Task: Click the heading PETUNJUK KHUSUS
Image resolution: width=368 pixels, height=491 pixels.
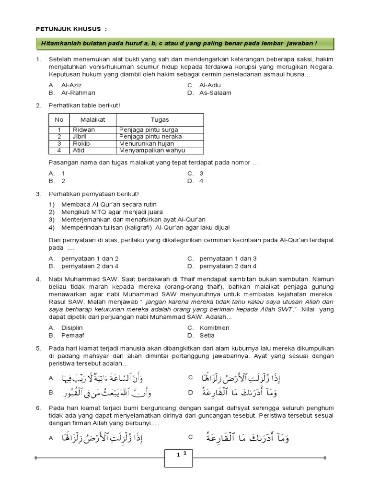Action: click(x=71, y=29)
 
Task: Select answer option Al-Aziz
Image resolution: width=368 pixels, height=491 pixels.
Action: click(x=73, y=85)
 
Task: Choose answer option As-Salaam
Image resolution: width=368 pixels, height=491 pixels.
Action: click(x=215, y=93)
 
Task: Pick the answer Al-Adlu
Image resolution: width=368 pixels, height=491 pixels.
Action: click(x=210, y=85)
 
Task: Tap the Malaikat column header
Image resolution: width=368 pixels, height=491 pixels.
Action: click(x=92, y=119)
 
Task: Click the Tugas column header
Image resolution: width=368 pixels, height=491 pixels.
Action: click(x=160, y=119)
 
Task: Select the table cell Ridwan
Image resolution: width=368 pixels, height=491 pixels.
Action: click(x=84, y=130)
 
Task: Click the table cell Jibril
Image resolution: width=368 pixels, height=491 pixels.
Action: click(x=80, y=137)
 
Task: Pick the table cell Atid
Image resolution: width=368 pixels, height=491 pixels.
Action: click(x=79, y=150)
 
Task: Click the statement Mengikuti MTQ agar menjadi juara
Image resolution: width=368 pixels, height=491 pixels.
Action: click(x=112, y=212)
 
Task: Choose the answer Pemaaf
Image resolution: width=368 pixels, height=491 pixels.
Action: click(x=71, y=336)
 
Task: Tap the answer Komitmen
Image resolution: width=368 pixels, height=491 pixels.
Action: click(x=214, y=328)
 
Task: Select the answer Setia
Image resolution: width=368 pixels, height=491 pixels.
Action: click(x=207, y=336)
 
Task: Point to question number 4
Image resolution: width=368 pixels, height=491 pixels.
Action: click(x=38, y=278)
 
